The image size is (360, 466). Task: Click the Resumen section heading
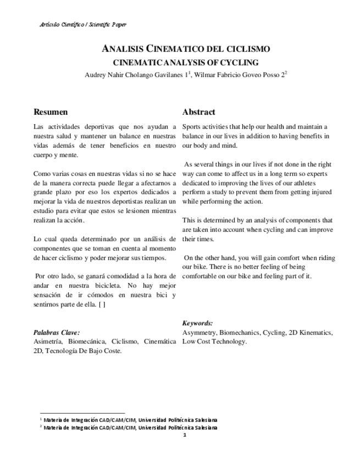(51, 112)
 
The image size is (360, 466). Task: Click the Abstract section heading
(198, 112)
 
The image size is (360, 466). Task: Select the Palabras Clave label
(57, 332)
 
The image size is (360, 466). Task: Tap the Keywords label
(197, 323)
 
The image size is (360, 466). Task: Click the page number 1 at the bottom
(185, 435)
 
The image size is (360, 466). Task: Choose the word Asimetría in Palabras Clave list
(49, 341)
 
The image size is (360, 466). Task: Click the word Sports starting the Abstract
(193, 126)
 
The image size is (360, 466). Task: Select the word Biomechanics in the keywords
(240, 332)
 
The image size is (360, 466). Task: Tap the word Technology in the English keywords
(231, 341)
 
